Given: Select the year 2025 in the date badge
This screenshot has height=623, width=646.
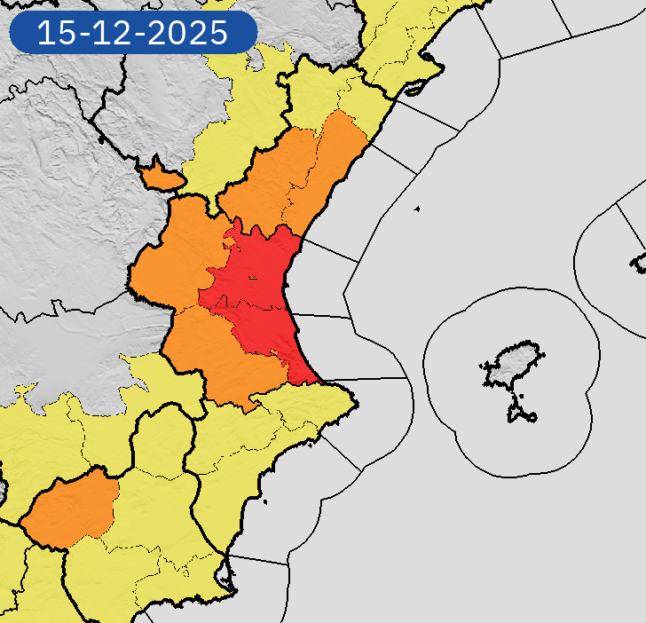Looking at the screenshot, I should click(189, 34).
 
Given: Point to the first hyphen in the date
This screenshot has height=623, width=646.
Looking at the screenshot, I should click(85, 35).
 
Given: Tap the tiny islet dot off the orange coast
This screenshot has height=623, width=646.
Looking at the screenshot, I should click(416, 209).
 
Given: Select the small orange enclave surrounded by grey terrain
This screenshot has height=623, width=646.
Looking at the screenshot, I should click(161, 176).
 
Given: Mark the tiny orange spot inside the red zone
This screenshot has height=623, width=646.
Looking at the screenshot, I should click(252, 279).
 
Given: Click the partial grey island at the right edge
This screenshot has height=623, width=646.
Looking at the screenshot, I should click(639, 262).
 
